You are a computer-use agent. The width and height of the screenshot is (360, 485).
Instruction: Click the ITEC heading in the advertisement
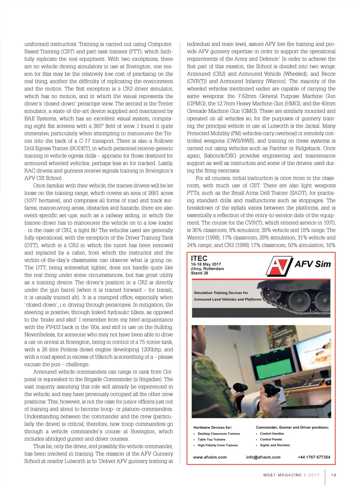(199, 258)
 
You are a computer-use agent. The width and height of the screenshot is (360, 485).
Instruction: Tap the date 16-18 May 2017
(206, 264)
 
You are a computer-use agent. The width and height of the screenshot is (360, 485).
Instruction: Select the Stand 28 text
(199, 273)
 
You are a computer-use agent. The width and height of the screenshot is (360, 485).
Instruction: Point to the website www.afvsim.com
(210, 457)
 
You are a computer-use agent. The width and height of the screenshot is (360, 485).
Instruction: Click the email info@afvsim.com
(263, 457)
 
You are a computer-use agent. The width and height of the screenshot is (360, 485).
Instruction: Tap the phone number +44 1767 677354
(314, 457)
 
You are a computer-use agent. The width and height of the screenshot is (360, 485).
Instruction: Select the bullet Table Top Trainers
(211, 439)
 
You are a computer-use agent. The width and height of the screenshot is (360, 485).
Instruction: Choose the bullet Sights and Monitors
(275, 445)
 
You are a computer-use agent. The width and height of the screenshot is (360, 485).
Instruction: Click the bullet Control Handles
(272, 434)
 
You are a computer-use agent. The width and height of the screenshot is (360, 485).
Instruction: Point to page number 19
(334, 475)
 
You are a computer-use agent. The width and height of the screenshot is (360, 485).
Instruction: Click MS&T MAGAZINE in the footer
(283, 475)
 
